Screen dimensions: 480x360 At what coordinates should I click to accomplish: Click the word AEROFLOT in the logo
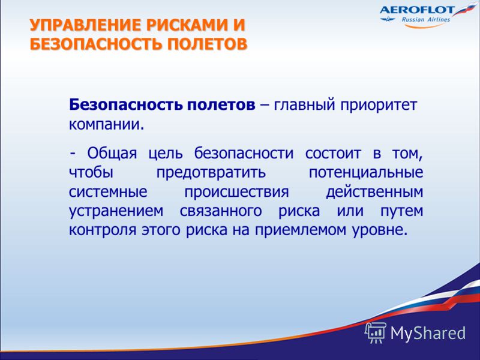418,10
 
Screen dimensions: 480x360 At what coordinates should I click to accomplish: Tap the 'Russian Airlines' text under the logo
426,20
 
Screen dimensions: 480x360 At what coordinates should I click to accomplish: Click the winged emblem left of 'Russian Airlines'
388,20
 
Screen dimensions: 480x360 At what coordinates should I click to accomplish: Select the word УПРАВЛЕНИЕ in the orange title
86,25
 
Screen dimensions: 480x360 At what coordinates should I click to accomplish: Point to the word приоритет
379,106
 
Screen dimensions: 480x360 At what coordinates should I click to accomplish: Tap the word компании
106,125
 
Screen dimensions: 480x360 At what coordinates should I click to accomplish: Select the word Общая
112,154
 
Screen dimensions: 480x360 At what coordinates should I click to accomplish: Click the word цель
166,154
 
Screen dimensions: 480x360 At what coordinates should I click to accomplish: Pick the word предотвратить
211,173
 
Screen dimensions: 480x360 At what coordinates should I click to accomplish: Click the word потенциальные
366,173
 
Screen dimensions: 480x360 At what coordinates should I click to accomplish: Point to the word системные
108,192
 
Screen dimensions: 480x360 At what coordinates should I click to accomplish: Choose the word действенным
374,192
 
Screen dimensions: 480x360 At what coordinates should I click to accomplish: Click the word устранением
116,212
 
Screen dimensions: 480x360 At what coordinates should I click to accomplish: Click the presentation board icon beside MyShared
376,332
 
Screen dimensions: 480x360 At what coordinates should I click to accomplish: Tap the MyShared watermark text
428,333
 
